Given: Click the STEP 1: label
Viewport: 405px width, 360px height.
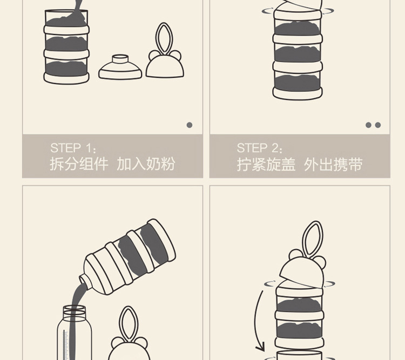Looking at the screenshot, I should click(x=73, y=148).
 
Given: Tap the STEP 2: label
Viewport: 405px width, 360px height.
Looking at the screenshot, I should click(x=260, y=148).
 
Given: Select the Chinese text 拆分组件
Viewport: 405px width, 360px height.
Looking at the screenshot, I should click(x=79, y=164).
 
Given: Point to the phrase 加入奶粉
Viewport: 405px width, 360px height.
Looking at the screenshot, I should click(x=146, y=164).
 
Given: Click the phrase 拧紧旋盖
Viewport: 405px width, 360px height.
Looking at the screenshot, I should click(x=266, y=164).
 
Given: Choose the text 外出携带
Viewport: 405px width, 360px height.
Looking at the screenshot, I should click(x=333, y=164).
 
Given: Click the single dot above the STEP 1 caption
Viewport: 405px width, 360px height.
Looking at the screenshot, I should click(x=190, y=125).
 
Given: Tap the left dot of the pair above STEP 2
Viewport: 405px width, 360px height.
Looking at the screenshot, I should click(x=369, y=125).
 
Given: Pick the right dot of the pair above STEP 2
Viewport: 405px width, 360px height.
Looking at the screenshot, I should click(x=378, y=125).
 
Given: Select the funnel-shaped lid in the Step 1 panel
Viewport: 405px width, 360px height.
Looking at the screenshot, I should click(x=120, y=67).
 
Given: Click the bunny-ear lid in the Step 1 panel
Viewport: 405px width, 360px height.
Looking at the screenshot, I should click(x=164, y=57).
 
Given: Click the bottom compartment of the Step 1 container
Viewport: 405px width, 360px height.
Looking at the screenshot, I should click(x=66, y=69).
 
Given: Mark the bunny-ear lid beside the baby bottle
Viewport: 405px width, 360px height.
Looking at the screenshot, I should click(x=127, y=337).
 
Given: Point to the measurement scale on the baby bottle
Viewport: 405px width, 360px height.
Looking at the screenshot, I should click(x=66, y=343).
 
